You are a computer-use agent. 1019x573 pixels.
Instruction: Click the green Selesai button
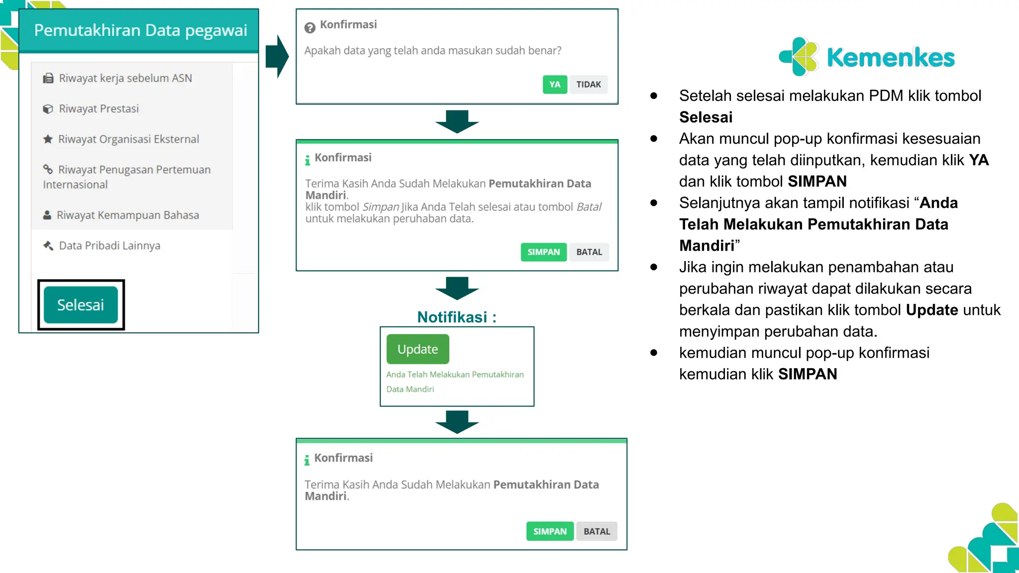81,305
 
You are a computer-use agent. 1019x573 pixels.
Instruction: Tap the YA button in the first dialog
554,85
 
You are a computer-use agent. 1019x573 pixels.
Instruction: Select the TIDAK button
588,85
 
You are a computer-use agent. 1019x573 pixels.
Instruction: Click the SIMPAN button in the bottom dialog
549,531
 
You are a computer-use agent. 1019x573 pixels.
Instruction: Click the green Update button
417,349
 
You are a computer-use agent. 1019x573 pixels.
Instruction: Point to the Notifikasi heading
456,317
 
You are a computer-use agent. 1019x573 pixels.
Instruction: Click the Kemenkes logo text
890,58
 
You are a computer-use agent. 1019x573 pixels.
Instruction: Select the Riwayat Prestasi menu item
99,108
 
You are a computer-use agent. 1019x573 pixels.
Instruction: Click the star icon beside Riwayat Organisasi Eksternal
48,139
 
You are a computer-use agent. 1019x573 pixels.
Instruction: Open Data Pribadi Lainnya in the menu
109,246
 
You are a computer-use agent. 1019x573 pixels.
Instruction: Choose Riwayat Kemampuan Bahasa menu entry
127,215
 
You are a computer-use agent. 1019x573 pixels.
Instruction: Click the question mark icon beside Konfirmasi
309,28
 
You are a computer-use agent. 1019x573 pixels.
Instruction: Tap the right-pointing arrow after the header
277,56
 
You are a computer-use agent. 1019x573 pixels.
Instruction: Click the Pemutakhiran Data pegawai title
140,30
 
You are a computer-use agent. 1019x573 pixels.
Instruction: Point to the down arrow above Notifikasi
456,288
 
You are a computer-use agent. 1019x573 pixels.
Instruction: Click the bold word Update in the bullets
931,310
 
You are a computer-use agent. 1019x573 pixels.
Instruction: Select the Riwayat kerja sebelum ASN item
125,78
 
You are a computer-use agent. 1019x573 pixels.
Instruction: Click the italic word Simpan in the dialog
381,207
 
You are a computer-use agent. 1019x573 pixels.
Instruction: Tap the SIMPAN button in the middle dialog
543,252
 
